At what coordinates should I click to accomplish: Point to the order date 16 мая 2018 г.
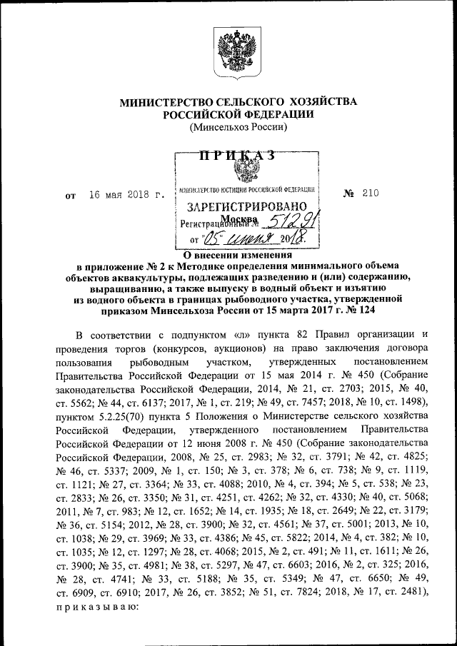pos(126,194)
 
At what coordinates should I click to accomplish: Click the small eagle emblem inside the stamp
pos(248,173)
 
